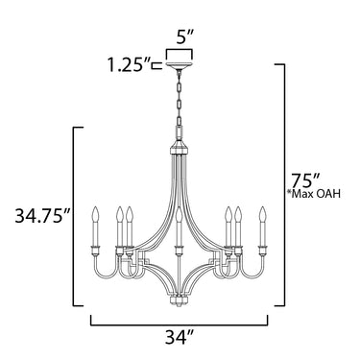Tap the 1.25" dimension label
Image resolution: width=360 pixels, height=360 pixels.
tap(129, 65)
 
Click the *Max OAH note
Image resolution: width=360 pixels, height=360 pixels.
tap(314, 194)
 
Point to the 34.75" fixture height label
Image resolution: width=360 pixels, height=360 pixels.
tap(42, 216)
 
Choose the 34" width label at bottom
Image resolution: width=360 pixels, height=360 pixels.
tap(180, 337)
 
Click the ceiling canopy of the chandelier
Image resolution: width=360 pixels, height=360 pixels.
tap(180, 66)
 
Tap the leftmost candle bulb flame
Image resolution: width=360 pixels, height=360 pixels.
tap(95, 214)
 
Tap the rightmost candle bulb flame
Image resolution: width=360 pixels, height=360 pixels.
tap(263, 214)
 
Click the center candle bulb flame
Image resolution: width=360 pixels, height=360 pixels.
tap(180, 215)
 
